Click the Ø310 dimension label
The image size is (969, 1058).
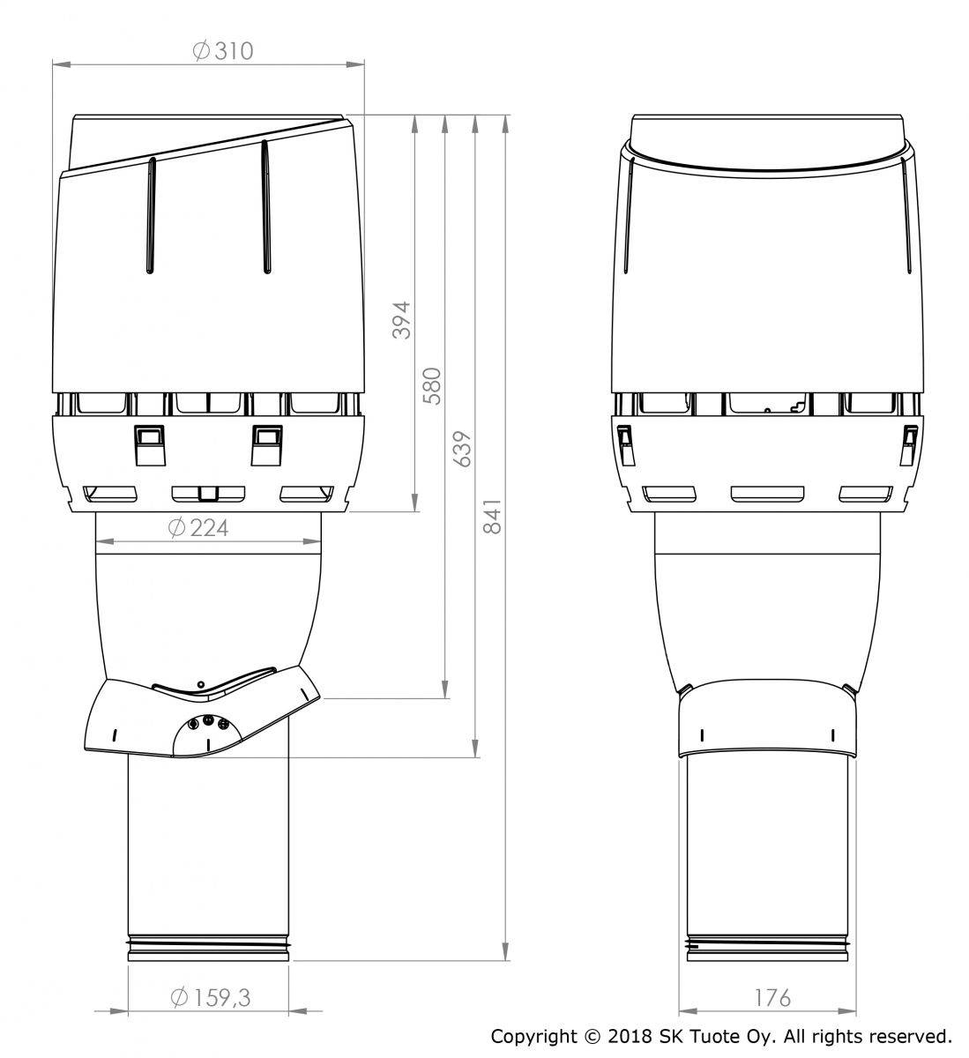(222, 50)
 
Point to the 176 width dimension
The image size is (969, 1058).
(772, 997)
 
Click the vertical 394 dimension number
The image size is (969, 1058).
(401, 320)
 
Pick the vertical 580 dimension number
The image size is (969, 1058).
(432, 385)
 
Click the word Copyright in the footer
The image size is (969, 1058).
(533, 1035)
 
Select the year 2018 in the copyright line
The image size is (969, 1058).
(626, 1035)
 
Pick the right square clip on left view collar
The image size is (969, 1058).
(266, 443)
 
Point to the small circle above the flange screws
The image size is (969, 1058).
(201, 684)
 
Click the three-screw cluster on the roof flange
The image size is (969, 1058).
(208, 723)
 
